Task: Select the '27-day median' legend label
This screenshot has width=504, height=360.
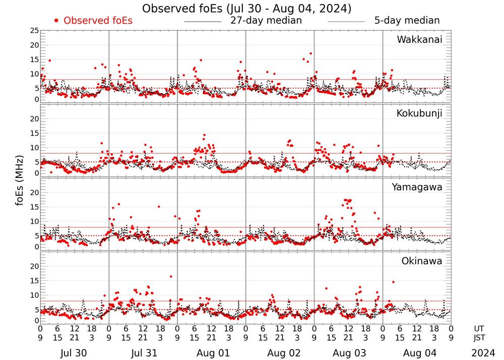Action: pyautogui.click(x=266, y=21)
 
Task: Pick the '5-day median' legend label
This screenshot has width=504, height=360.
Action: pyautogui.click(x=407, y=21)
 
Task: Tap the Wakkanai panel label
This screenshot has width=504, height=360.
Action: pyautogui.click(x=419, y=40)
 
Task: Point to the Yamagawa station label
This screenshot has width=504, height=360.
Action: pyautogui.click(x=417, y=187)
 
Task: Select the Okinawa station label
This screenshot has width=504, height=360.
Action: pyautogui.click(x=422, y=261)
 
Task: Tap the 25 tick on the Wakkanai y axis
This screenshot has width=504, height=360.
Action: pyautogui.click(x=34, y=31)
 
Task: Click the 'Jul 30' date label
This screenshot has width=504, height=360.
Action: pyautogui.click(x=74, y=353)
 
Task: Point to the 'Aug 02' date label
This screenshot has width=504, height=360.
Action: pyautogui.click(x=280, y=353)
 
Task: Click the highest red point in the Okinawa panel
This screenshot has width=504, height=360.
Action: pyautogui.click(x=171, y=276)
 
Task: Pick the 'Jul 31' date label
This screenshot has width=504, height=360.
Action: pyautogui.click(x=143, y=353)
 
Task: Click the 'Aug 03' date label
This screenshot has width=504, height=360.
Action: pyautogui.click(x=348, y=353)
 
